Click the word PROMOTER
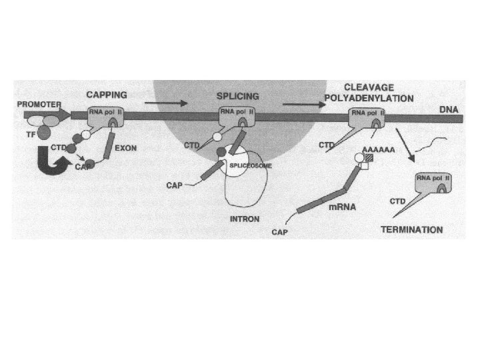39,105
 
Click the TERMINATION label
411,230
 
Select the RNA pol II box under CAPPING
105,119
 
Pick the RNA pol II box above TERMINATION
432,183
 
